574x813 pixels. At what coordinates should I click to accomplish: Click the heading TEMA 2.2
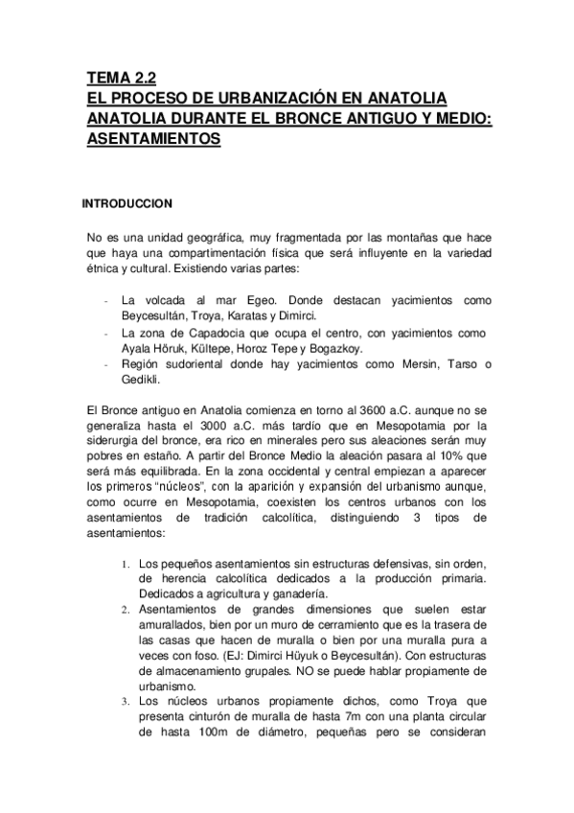[121, 79]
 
